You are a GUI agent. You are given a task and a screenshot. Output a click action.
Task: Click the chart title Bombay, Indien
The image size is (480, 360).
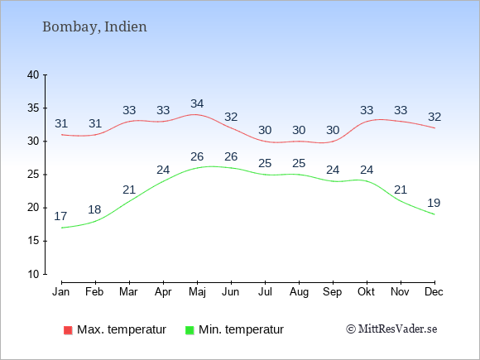coord(94,27)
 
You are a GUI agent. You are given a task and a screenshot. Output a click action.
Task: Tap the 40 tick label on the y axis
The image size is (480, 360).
coord(33,75)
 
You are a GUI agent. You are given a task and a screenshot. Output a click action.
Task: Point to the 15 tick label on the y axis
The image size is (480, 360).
coord(33,241)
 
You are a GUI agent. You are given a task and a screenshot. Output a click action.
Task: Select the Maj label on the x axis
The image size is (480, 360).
coord(197,292)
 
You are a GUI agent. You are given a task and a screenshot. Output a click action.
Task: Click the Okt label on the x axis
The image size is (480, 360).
coord(366,292)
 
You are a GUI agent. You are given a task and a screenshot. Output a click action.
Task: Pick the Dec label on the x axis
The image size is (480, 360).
coord(434,292)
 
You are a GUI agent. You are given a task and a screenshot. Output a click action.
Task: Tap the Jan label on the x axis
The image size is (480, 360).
coord(61,292)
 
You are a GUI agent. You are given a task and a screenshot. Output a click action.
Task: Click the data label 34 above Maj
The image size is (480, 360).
coord(197,103)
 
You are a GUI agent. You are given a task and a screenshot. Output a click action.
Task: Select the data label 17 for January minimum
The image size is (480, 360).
coord(60,216)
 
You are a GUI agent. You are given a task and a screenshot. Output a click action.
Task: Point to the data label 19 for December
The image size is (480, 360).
coord(434,203)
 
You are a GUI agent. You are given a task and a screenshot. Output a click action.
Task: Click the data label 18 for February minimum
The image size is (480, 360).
coord(94,209)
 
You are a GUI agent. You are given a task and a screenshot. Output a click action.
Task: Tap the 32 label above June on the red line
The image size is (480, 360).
coord(231,117)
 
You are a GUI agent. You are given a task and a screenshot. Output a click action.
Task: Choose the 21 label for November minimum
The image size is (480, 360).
coord(401,190)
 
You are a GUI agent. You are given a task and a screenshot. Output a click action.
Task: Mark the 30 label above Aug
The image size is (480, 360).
coord(299,130)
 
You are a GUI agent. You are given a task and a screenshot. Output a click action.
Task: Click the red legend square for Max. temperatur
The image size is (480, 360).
coord(68,330)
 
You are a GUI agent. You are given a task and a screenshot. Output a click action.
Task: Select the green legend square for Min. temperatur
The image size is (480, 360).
coord(190,330)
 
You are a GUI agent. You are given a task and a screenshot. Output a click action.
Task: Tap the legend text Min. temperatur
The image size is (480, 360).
coord(241,329)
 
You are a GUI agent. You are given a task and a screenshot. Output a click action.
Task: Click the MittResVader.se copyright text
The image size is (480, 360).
coord(391,329)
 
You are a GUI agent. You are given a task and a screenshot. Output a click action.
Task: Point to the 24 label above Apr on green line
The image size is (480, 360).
coord(163,170)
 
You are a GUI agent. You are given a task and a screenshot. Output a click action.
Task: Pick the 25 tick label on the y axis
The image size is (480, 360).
coord(33,175)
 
